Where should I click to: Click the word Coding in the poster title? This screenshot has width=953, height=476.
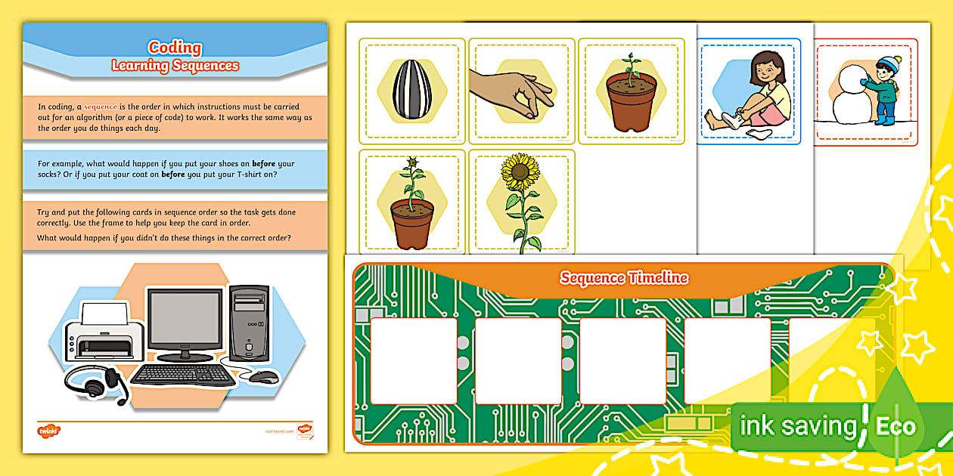coord(175,48)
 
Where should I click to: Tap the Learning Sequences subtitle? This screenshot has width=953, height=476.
coord(175,66)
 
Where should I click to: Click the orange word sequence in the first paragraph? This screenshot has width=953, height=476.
coord(101,107)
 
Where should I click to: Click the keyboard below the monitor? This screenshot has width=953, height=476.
coord(183,375)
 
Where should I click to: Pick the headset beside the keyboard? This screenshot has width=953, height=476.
coord(95,381)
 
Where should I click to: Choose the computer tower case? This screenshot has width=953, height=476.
coord(250,323)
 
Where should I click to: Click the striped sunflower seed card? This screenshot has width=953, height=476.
coord(411,89)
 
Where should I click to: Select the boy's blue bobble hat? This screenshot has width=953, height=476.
coord(886,63)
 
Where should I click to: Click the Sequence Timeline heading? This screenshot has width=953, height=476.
coord(624,278)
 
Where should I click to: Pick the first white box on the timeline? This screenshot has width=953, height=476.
coord(414,360)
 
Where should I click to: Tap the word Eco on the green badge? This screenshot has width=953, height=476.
coord(896,426)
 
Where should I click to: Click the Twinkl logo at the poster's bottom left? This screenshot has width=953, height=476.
coord(48,431)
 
